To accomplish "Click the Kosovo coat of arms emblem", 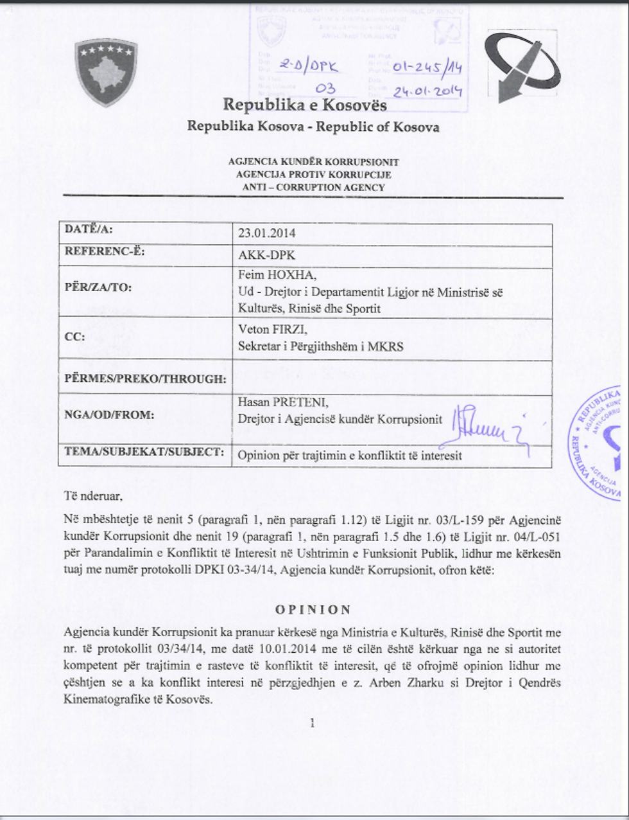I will point(106,73).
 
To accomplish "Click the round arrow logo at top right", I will point(525,67).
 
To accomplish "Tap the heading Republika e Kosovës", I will point(304,104).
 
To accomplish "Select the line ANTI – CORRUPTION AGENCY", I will point(313,188).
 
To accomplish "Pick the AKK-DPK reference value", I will point(266,255).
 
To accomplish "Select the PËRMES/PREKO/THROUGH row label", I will point(145,379).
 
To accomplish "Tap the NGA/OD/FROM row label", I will point(109,415).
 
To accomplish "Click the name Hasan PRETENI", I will point(283,403).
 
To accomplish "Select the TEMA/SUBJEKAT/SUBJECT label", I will point(144,452).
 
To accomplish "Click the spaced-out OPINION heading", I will point(313,609).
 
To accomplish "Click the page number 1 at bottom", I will point(313,724).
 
